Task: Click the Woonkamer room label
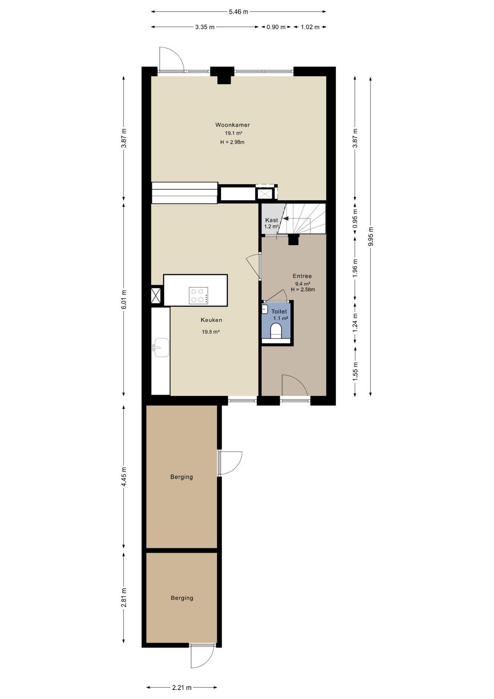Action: pyautogui.click(x=232, y=125)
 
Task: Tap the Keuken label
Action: pyautogui.click(x=211, y=320)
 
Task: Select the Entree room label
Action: pyautogui.click(x=302, y=276)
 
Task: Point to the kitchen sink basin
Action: pyautogui.click(x=162, y=348)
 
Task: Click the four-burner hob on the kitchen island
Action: pyautogui.click(x=199, y=295)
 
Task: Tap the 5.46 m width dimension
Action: pyautogui.click(x=238, y=12)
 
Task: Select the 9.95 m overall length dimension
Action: pyautogui.click(x=371, y=237)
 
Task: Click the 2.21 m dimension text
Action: pyautogui.click(x=182, y=687)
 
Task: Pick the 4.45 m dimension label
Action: pyautogui.click(x=124, y=477)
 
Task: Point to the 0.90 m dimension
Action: pyautogui.click(x=276, y=27)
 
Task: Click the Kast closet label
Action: pyautogui.click(x=271, y=220)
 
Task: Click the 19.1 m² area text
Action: pyautogui.click(x=234, y=133)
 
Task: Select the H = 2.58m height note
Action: pyautogui.click(x=303, y=290)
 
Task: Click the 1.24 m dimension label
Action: pyautogui.click(x=355, y=322)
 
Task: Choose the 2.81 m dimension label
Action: pyautogui.click(x=124, y=598)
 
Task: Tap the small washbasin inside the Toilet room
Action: pyautogui.click(x=264, y=309)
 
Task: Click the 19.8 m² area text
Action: pyautogui.click(x=211, y=332)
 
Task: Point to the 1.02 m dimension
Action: pyautogui.click(x=310, y=27)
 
